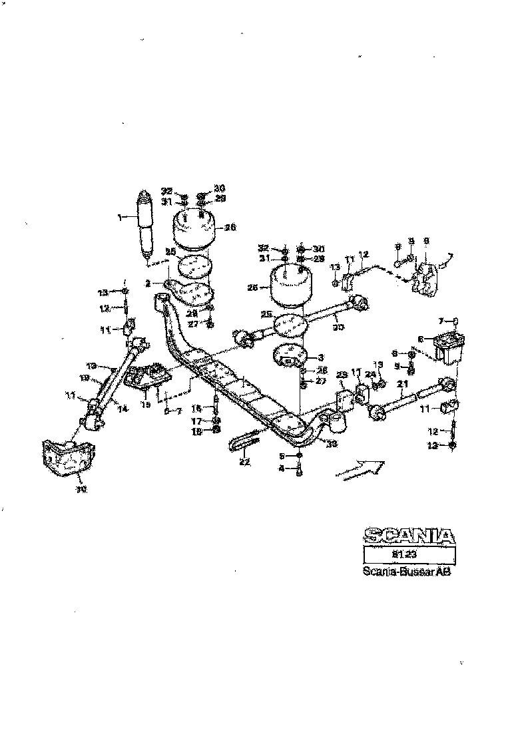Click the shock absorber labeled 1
(x=146, y=226)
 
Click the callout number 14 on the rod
(x=122, y=409)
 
